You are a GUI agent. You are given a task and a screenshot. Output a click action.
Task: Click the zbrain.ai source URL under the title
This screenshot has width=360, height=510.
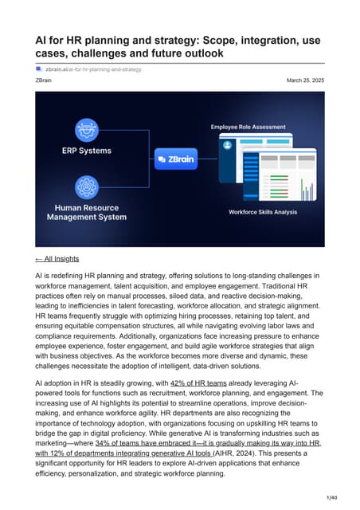(93, 69)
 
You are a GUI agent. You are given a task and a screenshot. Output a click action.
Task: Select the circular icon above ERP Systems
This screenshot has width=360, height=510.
(85, 128)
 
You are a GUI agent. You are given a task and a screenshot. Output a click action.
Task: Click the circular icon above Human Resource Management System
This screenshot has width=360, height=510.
(85, 187)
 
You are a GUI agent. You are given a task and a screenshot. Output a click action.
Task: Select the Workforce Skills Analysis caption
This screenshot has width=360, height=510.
(264, 212)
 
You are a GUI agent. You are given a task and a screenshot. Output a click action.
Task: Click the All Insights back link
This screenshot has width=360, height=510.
(57, 258)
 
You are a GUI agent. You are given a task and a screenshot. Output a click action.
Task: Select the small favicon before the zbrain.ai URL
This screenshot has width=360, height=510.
(38, 69)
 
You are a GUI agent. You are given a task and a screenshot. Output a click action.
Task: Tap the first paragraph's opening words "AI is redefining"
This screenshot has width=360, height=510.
(63, 275)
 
